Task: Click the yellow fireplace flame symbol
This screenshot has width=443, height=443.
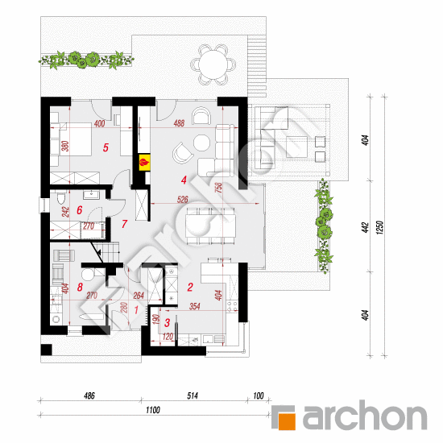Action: [144, 163]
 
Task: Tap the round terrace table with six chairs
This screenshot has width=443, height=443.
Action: [213, 64]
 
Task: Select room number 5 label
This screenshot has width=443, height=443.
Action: [106, 147]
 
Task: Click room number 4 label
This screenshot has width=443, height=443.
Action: [184, 180]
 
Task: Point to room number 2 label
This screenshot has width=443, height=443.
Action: [190, 287]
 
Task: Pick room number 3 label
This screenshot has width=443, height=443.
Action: [167, 323]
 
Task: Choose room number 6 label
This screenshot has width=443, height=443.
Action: [80, 210]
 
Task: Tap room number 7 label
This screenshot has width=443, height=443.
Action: [124, 224]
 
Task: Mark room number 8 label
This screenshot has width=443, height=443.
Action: [80, 287]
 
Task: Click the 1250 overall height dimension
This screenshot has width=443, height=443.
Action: [380, 227]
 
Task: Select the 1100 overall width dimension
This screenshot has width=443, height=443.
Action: [153, 410]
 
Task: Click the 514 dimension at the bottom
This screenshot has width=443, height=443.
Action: [193, 395]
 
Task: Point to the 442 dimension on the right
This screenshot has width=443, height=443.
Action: [366, 228]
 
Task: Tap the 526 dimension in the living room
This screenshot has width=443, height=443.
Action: [182, 200]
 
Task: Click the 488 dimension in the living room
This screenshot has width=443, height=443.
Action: [179, 123]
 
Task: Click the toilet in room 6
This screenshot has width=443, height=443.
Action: [61, 197]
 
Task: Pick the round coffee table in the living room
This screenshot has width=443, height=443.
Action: [201, 143]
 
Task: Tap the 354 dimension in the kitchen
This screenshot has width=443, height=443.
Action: [195, 306]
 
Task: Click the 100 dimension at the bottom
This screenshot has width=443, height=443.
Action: [259, 395]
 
